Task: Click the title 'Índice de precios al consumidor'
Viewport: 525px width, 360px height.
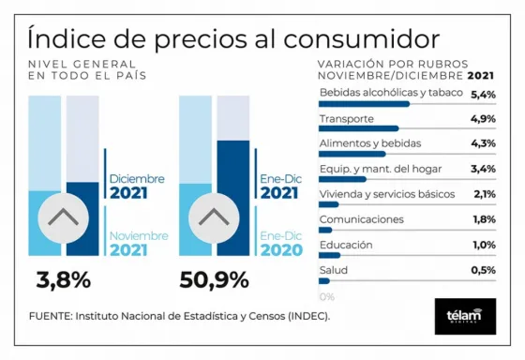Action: tap(233, 38)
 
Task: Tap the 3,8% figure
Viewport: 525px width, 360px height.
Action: tap(64, 279)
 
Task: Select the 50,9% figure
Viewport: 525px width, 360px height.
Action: tap(214, 279)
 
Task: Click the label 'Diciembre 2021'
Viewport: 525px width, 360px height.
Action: tap(137, 186)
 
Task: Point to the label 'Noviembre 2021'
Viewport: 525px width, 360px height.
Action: tap(137, 244)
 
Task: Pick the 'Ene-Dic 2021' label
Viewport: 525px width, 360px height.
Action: tap(280, 186)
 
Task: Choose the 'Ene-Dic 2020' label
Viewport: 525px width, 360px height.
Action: tap(280, 244)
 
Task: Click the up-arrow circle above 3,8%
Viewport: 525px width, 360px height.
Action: tap(63, 217)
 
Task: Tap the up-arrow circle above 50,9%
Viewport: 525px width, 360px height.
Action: tap(215, 217)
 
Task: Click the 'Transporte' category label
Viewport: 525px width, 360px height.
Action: tap(348, 119)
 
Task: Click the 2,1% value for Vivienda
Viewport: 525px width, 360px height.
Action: tap(483, 194)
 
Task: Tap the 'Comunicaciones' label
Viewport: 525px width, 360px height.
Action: tap(362, 219)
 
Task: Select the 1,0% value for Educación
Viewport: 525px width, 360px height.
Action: tap(483, 245)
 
